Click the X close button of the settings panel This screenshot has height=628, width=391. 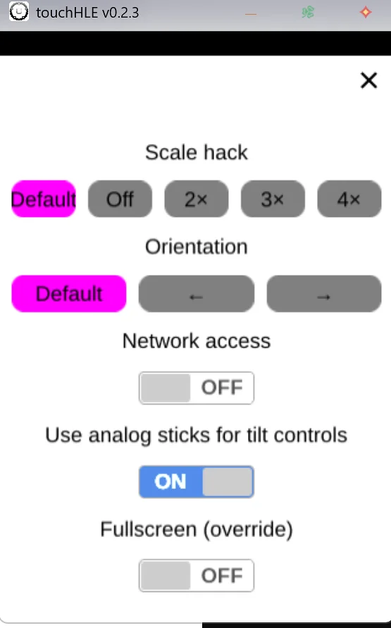368,80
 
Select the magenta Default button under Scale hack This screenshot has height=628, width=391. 44,199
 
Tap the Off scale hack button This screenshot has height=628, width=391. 120,199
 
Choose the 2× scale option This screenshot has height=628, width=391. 197,199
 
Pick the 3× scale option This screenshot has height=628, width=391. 273,199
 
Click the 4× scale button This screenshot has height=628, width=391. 349,199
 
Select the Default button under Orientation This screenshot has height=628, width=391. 69,294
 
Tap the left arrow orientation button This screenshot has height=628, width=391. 197,294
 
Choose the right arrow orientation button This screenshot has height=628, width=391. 324,294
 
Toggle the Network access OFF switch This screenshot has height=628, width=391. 197,388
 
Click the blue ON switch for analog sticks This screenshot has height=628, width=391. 197,481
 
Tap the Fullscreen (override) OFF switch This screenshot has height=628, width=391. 197,576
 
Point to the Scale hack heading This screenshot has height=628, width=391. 197,152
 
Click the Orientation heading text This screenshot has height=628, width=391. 197,246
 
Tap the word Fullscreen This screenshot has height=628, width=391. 149,529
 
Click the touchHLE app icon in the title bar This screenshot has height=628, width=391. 19,11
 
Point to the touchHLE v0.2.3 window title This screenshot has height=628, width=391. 87,13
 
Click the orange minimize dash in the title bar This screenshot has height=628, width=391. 251,14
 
